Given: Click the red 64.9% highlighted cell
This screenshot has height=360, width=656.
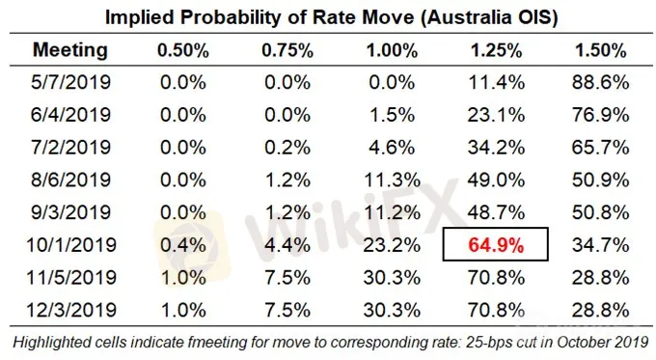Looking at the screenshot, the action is [496, 245].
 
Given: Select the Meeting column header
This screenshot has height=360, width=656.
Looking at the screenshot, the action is [70, 50].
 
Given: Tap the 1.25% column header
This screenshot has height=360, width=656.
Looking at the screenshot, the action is [496, 50].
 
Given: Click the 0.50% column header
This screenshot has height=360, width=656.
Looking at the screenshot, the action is [183, 50].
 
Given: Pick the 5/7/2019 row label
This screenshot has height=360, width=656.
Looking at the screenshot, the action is [70, 82].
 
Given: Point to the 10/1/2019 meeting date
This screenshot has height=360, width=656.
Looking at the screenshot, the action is [71, 245].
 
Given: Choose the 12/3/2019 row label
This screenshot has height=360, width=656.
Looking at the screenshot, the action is [71, 310].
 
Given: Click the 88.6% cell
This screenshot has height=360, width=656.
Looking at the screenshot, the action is [600, 82].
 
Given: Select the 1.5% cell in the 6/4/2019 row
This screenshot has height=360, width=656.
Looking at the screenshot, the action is [392, 115].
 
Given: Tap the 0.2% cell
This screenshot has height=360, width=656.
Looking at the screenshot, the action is [287, 148].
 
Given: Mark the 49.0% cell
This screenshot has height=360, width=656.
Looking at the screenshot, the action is [496, 180].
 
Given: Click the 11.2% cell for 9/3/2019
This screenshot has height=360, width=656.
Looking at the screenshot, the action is [392, 212].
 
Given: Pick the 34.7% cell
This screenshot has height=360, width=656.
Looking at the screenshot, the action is [600, 245].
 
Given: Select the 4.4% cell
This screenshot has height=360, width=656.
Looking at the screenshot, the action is [287, 245].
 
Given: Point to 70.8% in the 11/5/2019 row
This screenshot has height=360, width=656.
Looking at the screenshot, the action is [496, 278].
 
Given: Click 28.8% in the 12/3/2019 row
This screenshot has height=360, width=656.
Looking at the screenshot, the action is [600, 310].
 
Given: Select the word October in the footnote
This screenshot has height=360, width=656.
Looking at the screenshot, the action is [584, 342].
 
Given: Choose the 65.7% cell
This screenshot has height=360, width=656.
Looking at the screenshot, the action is [600, 148].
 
